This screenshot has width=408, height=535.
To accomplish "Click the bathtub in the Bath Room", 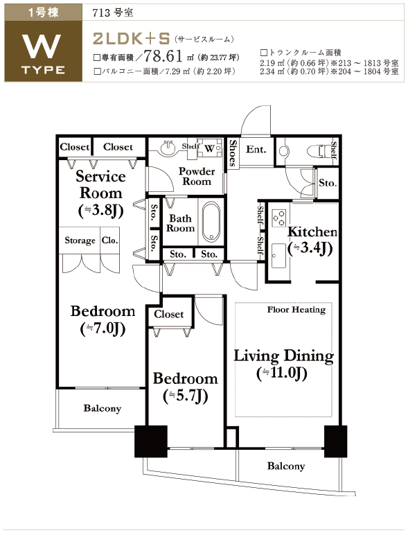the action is tap(211, 222).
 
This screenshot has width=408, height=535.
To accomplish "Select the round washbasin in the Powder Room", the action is tap(168, 148).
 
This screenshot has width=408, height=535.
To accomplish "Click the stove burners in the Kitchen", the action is tap(278, 218).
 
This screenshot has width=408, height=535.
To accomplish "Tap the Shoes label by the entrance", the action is tap(233, 153).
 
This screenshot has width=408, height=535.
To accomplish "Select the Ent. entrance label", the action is tap(256, 150).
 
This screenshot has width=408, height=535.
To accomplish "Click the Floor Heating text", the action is tap(296, 310).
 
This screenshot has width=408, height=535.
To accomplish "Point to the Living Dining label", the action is tap(283, 356).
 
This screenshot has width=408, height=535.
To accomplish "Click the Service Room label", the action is tap(100, 184).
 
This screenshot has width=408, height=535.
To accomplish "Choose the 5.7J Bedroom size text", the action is tap(186, 396).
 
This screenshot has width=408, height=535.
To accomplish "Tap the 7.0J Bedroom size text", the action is tap(103, 328).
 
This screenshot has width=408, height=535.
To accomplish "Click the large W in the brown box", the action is tap(43, 46).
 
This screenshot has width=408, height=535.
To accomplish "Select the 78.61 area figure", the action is tap(163, 56).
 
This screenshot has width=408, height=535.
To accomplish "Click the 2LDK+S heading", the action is tap(132, 39).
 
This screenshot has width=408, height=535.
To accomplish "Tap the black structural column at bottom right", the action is tap(335, 441).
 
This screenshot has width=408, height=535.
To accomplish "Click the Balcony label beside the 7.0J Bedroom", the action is tap(103, 408).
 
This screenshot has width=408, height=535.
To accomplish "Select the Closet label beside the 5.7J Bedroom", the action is tap(168, 314).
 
